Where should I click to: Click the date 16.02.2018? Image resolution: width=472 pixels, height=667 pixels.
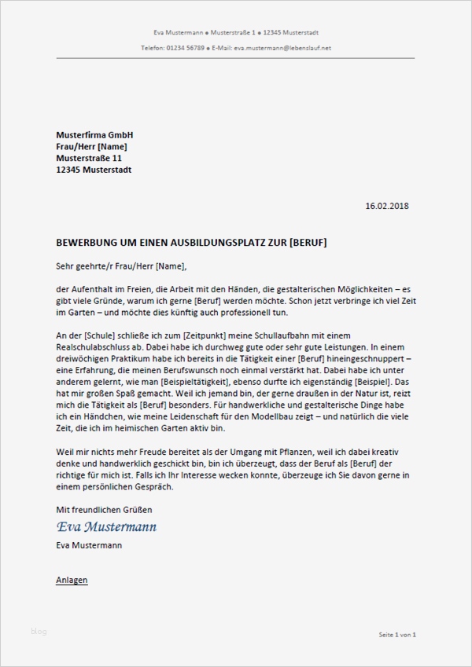388,207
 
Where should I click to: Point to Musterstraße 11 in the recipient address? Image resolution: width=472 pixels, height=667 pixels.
89,158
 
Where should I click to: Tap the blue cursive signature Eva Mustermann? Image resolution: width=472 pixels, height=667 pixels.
106,526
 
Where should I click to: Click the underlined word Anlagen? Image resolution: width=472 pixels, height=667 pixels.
72,580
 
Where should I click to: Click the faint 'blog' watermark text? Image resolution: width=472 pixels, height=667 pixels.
39,631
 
